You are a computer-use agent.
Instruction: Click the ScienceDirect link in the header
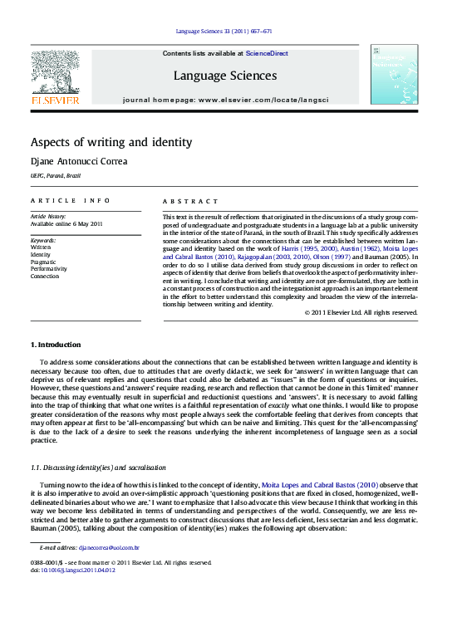[x=268, y=53]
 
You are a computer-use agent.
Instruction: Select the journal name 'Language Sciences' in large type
[x=224, y=76]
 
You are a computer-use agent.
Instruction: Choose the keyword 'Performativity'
[x=51, y=268]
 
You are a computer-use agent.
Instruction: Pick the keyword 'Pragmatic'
[x=45, y=261]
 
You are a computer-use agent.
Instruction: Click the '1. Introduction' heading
[x=56, y=344]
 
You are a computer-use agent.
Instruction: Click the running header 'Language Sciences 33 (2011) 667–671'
[x=224, y=32]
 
